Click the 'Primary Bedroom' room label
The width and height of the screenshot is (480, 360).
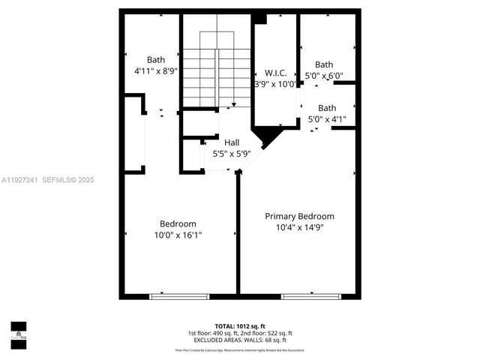[299, 216]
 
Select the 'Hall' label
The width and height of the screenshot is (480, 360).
[232, 142]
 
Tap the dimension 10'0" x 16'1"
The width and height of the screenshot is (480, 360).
[178, 235]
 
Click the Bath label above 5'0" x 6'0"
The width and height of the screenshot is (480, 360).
[324, 64]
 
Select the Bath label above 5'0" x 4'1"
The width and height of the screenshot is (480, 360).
[327, 108]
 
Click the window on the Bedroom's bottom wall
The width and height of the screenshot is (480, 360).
[178, 296]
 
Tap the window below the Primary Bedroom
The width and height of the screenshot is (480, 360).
[310, 296]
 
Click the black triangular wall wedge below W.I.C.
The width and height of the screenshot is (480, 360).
[267, 136]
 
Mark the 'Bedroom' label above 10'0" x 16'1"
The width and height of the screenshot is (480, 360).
[178, 223]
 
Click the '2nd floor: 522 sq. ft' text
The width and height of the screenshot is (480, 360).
[267, 333]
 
